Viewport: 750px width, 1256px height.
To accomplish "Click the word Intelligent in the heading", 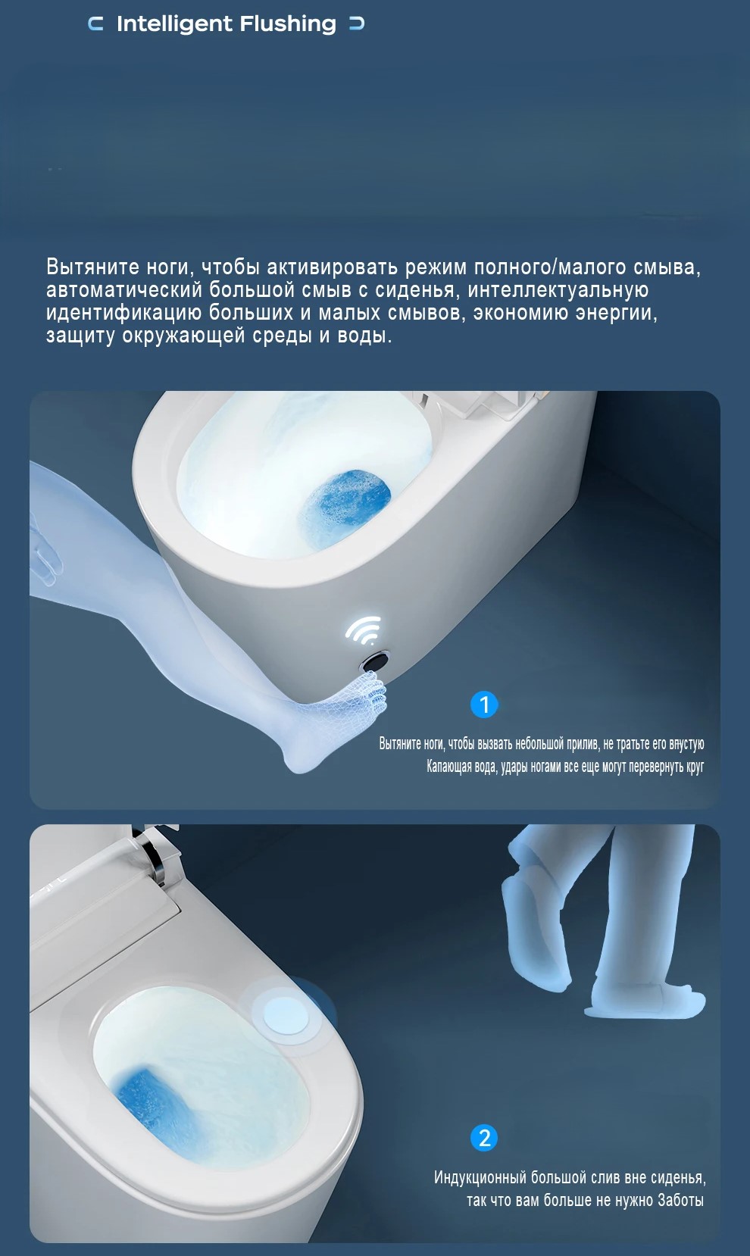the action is (x=174, y=25).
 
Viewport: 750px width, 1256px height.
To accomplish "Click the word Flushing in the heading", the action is (x=288, y=25).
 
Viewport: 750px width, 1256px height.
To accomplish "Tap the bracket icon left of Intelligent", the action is (x=96, y=24).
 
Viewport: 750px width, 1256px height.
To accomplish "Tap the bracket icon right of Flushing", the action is (x=357, y=24).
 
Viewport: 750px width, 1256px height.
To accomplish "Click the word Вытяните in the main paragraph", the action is (x=92, y=267).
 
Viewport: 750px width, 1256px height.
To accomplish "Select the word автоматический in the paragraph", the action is (x=124, y=290).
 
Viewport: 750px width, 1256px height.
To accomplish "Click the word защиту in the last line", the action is (x=81, y=336).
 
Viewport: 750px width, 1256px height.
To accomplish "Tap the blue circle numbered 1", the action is (x=484, y=705).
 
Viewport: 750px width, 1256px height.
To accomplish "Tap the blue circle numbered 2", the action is (x=484, y=1137).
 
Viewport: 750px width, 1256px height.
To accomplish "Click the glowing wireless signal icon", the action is (x=364, y=630).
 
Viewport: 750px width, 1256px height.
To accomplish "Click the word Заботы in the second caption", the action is (x=680, y=1200).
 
